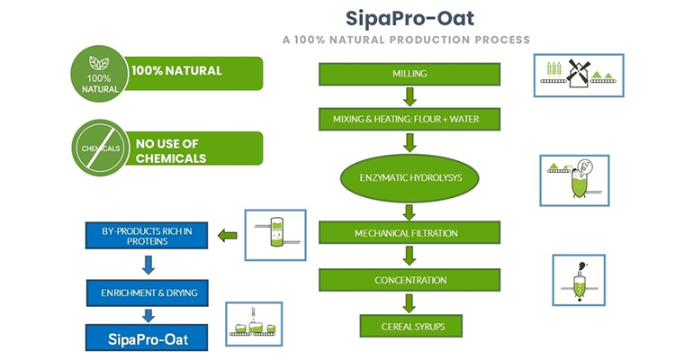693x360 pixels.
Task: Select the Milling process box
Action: [x=409, y=74]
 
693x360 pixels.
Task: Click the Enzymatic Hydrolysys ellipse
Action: [x=409, y=177]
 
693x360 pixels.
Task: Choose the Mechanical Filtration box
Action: [x=409, y=233]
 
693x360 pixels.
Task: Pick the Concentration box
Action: [x=409, y=280]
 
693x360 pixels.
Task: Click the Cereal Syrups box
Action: [x=409, y=325]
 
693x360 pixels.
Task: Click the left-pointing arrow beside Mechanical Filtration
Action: [x=229, y=236]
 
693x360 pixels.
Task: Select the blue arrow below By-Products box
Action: [x=148, y=265]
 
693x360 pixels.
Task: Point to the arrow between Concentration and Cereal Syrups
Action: [x=410, y=302]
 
